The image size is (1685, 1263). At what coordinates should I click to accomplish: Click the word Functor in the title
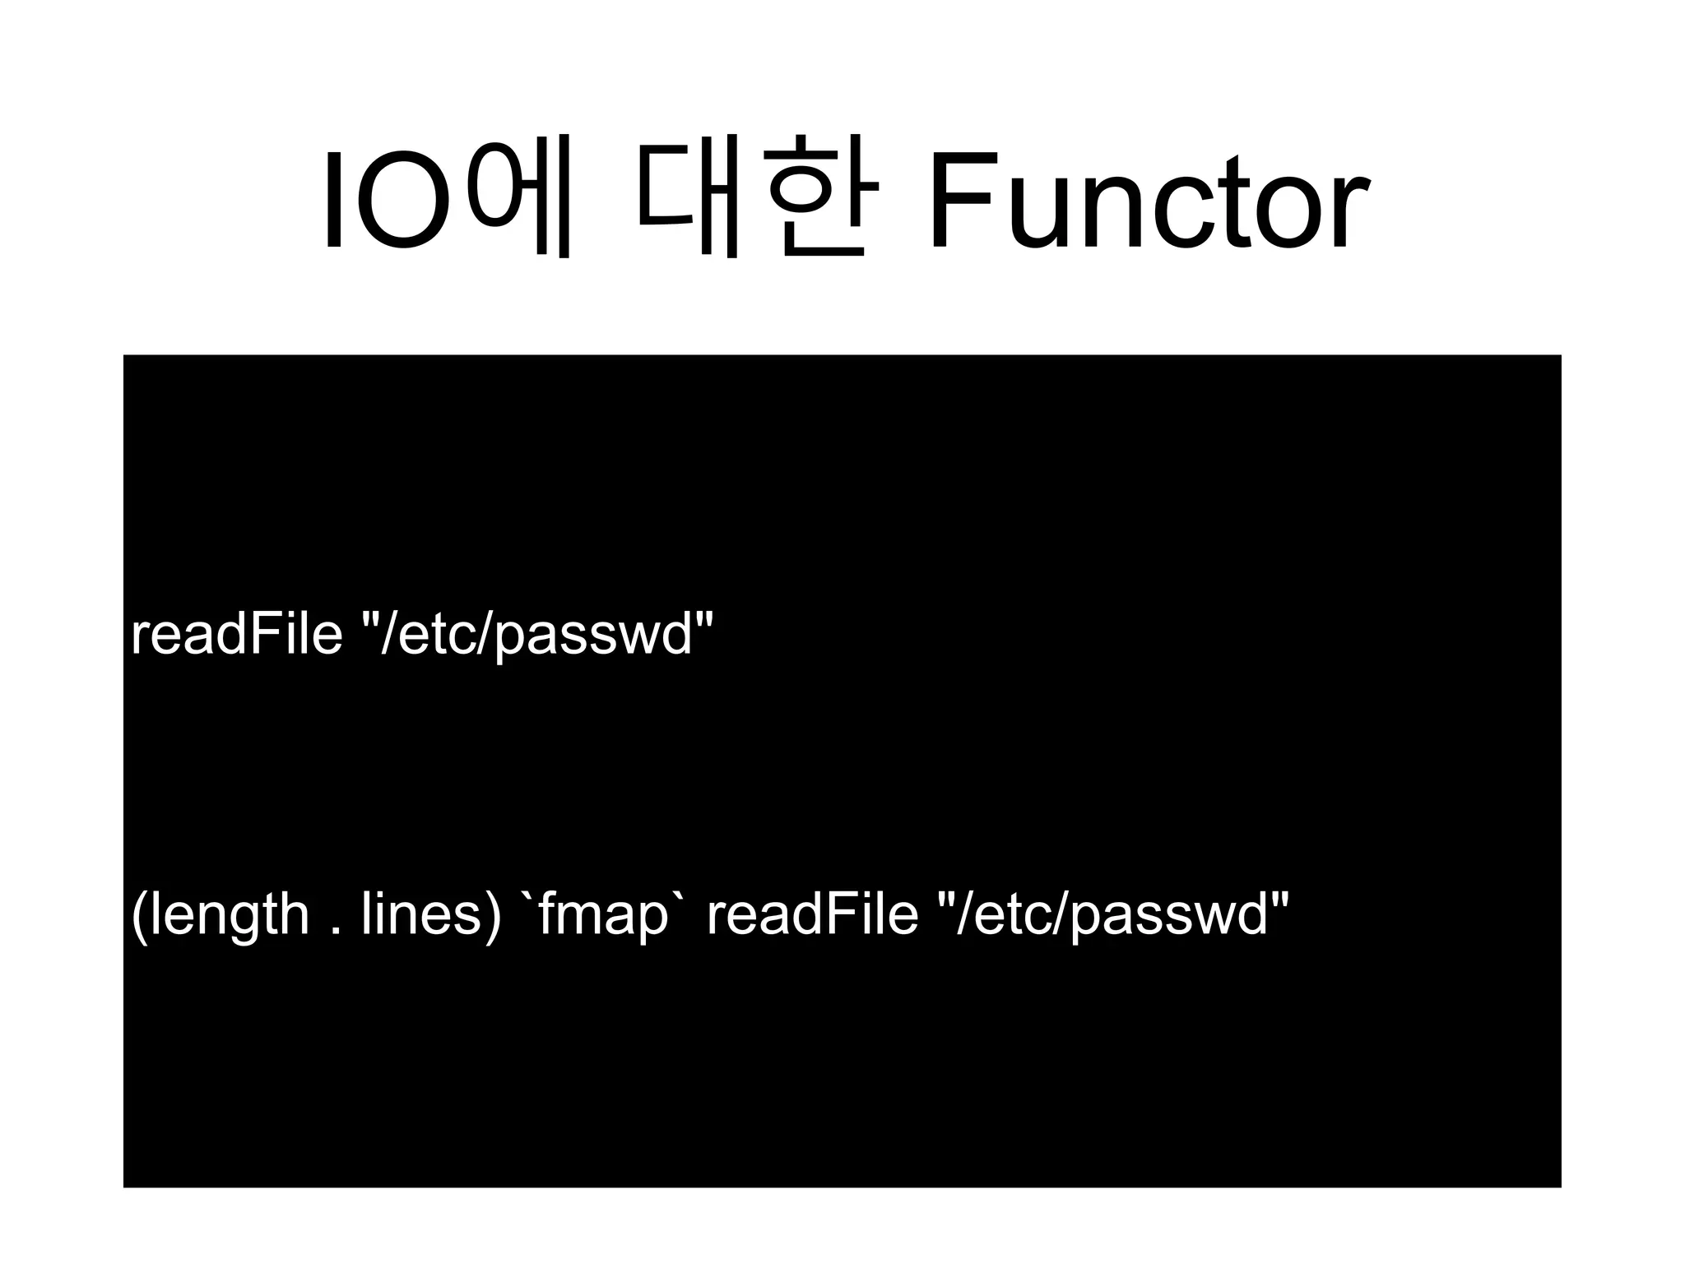(1148, 201)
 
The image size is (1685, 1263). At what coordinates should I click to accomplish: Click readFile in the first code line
(236, 635)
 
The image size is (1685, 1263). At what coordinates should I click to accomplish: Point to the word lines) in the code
(430, 914)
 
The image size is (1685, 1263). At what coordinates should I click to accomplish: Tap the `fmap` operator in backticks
(604, 914)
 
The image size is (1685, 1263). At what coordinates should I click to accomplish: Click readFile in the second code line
(812, 914)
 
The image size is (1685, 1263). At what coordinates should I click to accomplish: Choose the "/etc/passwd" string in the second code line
(1114, 914)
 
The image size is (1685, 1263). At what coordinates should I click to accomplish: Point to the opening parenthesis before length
(138, 916)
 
